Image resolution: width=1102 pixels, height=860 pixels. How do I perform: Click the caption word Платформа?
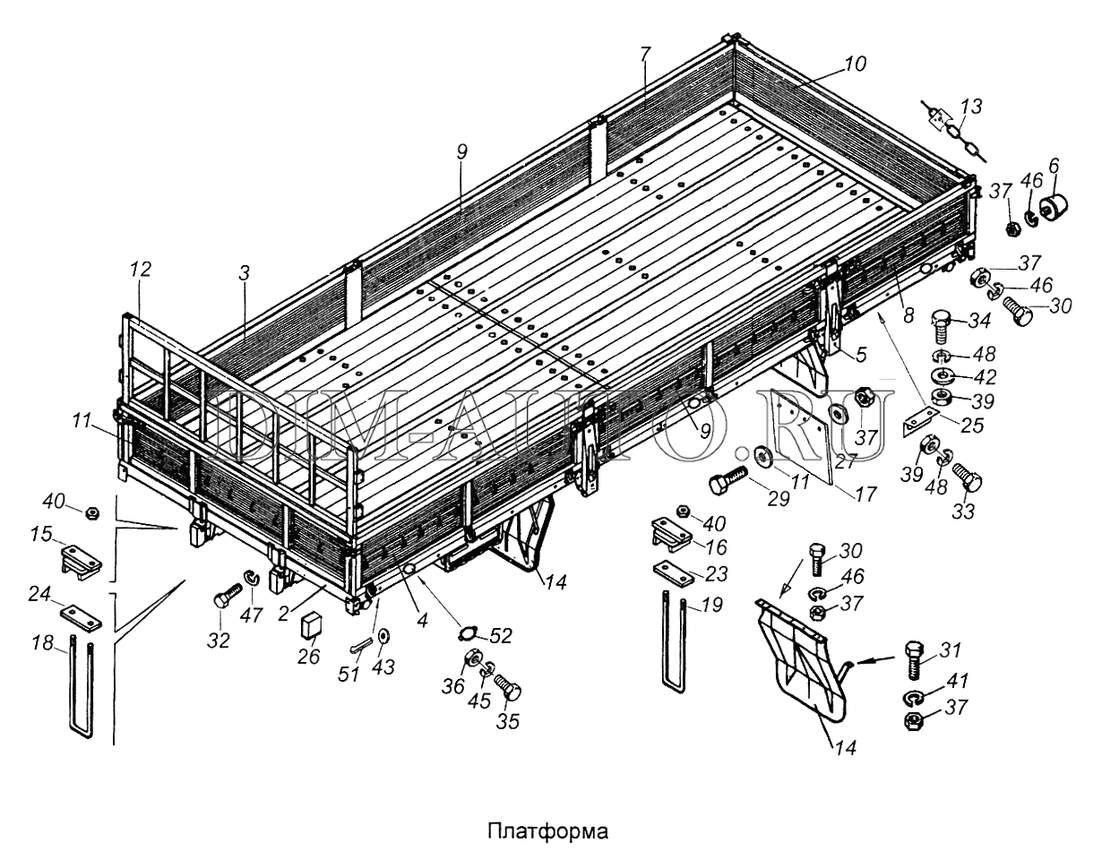click(x=547, y=830)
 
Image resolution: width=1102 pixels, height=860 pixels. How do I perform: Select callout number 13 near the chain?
click(x=969, y=107)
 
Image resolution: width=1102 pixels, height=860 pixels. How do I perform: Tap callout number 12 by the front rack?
click(x=141, y=270)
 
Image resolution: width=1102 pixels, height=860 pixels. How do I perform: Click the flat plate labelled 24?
click(x=82, y=616)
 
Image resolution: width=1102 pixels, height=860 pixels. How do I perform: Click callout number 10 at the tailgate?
click(x=854, y=64)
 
